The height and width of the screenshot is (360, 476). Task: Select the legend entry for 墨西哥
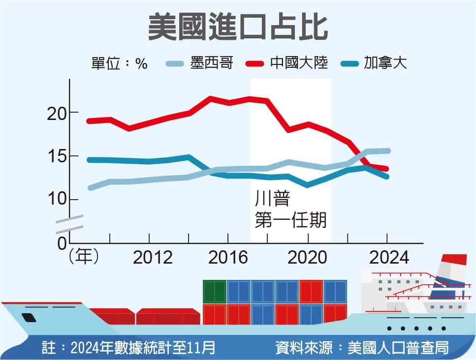click(199, 63)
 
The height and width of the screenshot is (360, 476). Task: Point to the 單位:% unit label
click(120, 63)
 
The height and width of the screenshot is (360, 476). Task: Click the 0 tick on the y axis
click(61, 243)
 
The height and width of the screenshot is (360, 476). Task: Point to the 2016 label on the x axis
click(228, 257)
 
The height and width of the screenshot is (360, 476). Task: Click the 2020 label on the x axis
click(308, 257)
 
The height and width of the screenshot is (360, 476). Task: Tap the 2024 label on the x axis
click(387, 257)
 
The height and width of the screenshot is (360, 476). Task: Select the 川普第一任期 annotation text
click(290, 210)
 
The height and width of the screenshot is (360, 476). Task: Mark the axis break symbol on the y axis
click(69, 224)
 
